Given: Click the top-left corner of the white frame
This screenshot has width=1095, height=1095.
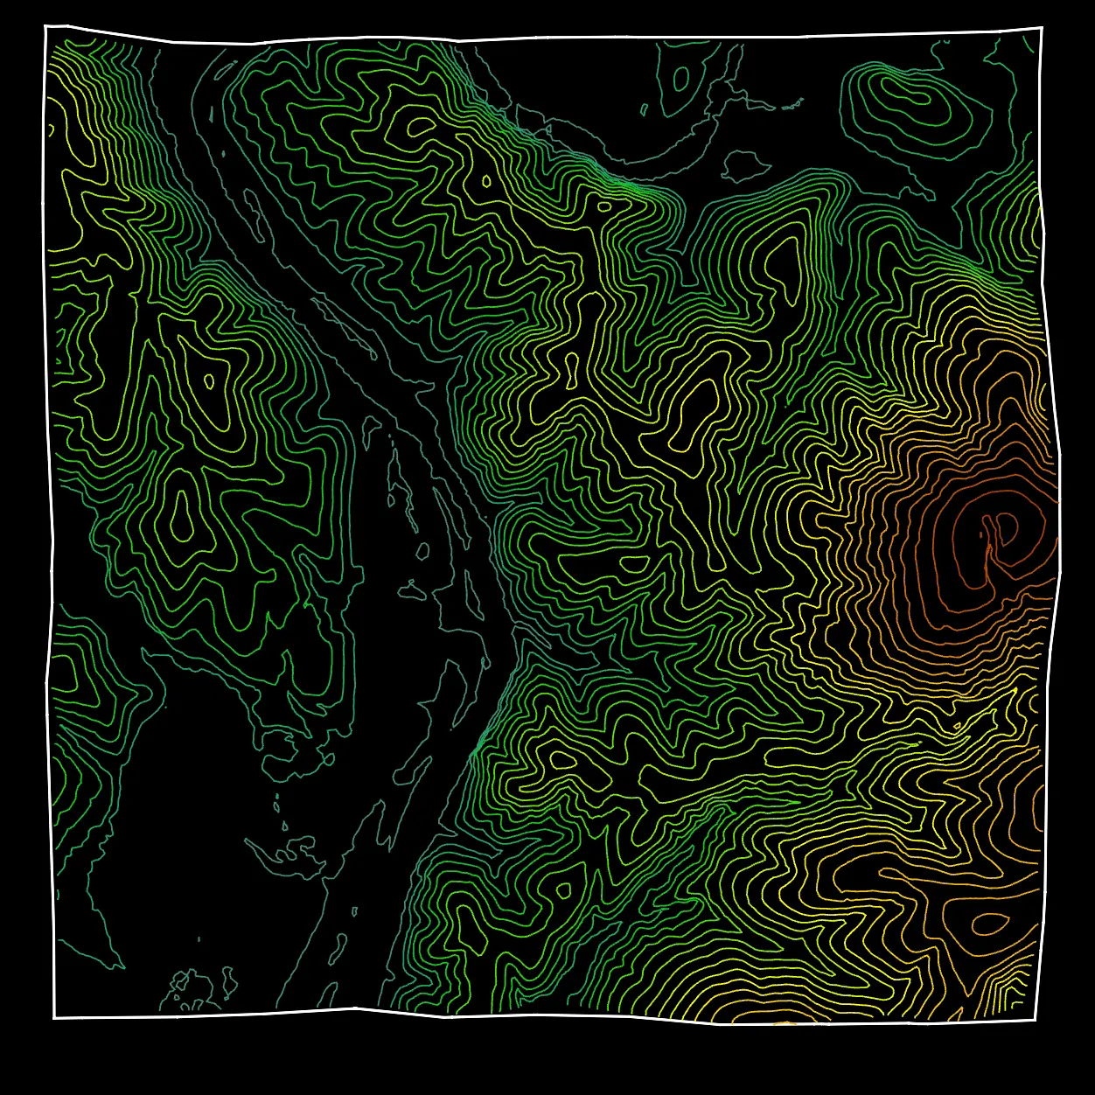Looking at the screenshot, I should pyautogui.click(x=45, y=26).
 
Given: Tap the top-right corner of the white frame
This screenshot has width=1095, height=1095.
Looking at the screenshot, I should pyautogui.click(x=1042, y=28).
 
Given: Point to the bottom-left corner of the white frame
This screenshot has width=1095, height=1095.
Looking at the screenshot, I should pyautogui.click(x=54, y=1017).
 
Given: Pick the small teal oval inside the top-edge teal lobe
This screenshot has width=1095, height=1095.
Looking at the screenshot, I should pyautogui.click(x=680, y=80).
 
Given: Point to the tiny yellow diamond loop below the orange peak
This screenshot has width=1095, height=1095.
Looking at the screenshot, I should pyautogui.click(x=955, y=727).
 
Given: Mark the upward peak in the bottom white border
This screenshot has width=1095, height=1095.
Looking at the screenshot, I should pyautogui.click(x=354, y=1008).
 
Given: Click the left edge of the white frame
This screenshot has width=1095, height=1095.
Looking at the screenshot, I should pyautogui.click(x=47, y=525).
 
